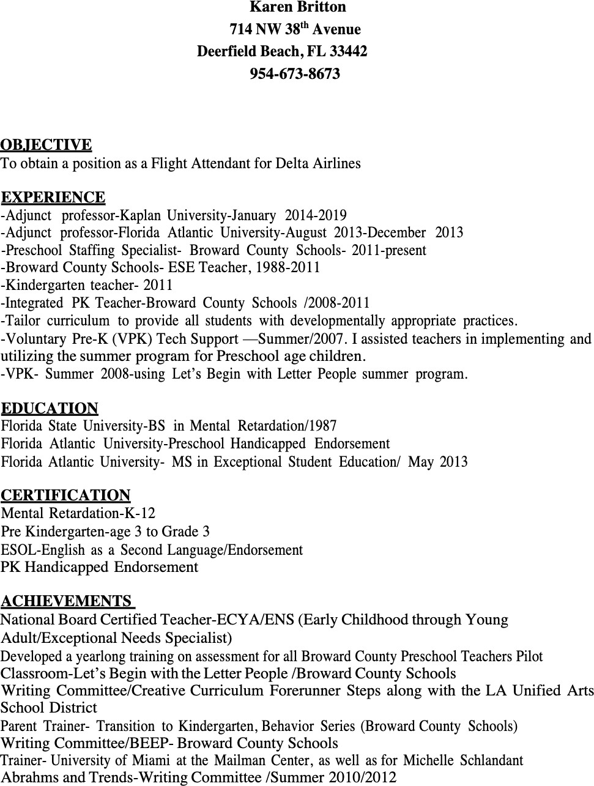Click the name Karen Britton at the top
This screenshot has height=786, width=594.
[x=298, y=7]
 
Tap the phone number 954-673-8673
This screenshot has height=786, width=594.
[x=295, y=74]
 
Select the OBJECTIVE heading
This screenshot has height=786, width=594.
[x=46, y=145]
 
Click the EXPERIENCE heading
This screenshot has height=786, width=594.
[x=53, y=198]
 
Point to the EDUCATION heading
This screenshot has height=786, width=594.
[x=50, y=409]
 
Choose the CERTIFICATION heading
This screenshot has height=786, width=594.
[x=66, y=495]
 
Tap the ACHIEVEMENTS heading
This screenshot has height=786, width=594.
[x=67, y=601]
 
